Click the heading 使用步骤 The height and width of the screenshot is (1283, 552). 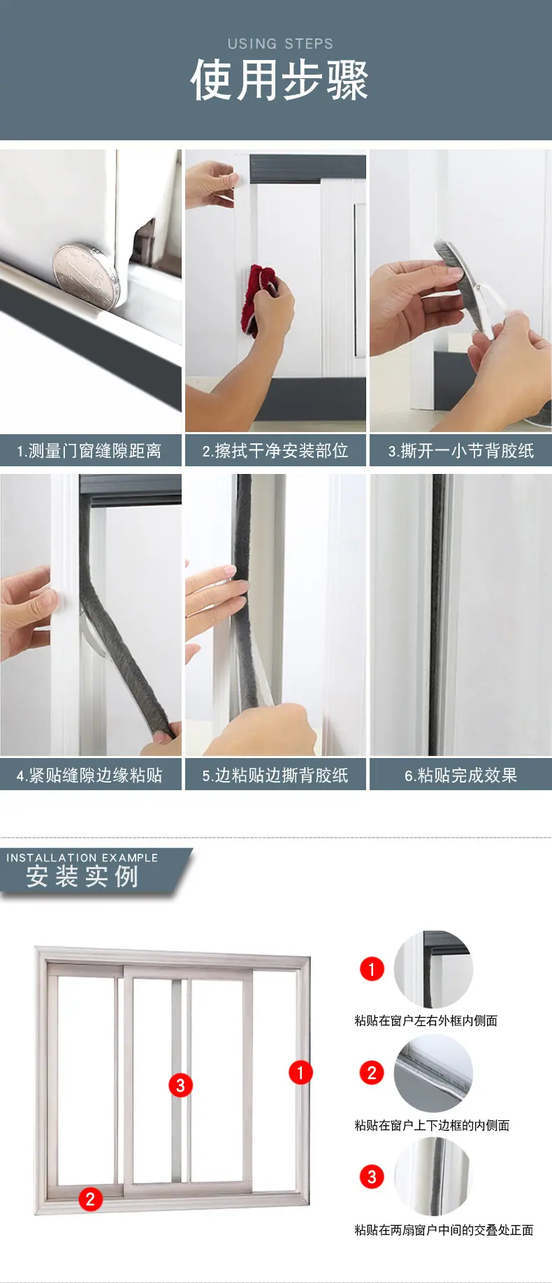[x=279, y=80]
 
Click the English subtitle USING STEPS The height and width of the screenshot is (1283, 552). [x=280, y=43]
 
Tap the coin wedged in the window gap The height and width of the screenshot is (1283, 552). [x=86, y=274]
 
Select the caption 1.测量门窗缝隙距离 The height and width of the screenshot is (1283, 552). [x=89, y=451]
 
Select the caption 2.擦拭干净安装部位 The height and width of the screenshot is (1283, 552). [x=275, y=451]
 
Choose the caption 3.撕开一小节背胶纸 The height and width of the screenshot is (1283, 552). [x=461, y=451]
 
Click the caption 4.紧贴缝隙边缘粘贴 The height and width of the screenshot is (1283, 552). [x=89, y=776]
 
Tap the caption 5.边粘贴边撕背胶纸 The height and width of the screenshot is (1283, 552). [x=275, y=776]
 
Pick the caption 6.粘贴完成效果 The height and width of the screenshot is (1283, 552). [x=461, y=776]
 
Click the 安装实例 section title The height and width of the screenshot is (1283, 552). [x=82, y=877]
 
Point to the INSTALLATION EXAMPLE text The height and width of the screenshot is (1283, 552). [x=82, y=857]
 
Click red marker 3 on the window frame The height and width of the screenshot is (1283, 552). [x=180, y=1085]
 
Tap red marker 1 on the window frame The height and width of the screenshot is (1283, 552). [x=300, y=1072]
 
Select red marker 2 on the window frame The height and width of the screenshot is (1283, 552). [x=90, y=1199]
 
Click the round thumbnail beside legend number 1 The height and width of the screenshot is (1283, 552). [x=433, y=970]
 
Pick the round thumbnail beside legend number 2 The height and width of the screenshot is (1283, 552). [x=433, y=1074]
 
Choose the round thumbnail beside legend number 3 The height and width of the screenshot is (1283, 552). [x=433, y=1177]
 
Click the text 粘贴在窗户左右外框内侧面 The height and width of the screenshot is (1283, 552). [x=426, y=1021]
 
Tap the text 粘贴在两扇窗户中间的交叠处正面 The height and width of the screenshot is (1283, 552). [x=444, y=1230]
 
